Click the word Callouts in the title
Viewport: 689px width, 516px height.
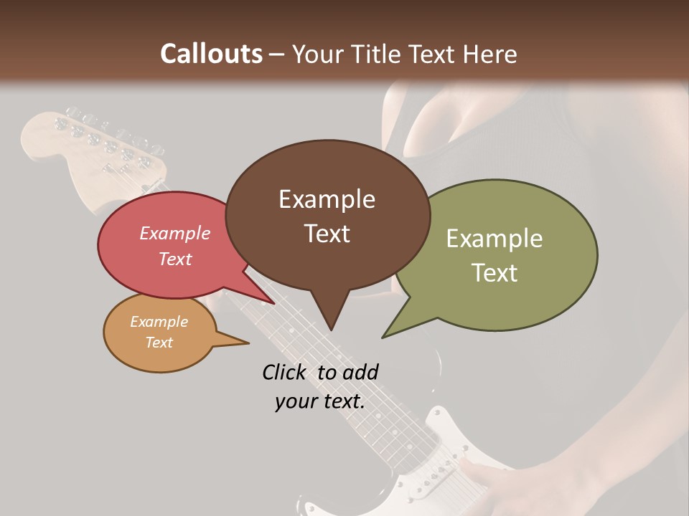coord(211,54)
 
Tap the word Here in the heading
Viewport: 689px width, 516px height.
coord(491,54)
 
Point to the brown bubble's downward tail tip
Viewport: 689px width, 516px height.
coord(331,330)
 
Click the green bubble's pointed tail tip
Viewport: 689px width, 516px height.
coord(383,337)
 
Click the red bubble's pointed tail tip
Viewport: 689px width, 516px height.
coord(273,303)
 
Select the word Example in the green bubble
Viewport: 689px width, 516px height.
coord(495,239)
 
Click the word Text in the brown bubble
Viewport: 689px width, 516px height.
coord(327,234)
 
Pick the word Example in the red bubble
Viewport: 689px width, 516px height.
coord(175,234)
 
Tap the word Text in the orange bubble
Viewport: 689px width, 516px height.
coord(159,343)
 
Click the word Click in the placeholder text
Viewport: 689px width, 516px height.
coord(286,372)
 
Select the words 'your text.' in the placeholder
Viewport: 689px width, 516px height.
coord(320,402)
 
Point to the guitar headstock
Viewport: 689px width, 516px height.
coord(93,154)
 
